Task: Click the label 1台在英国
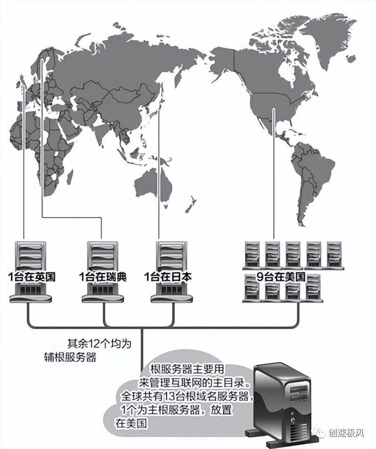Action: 32,277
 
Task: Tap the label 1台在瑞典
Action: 103,277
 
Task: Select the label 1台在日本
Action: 168,277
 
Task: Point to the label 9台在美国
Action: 281,277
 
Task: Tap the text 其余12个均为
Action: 98,343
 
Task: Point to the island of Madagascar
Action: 70,176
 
